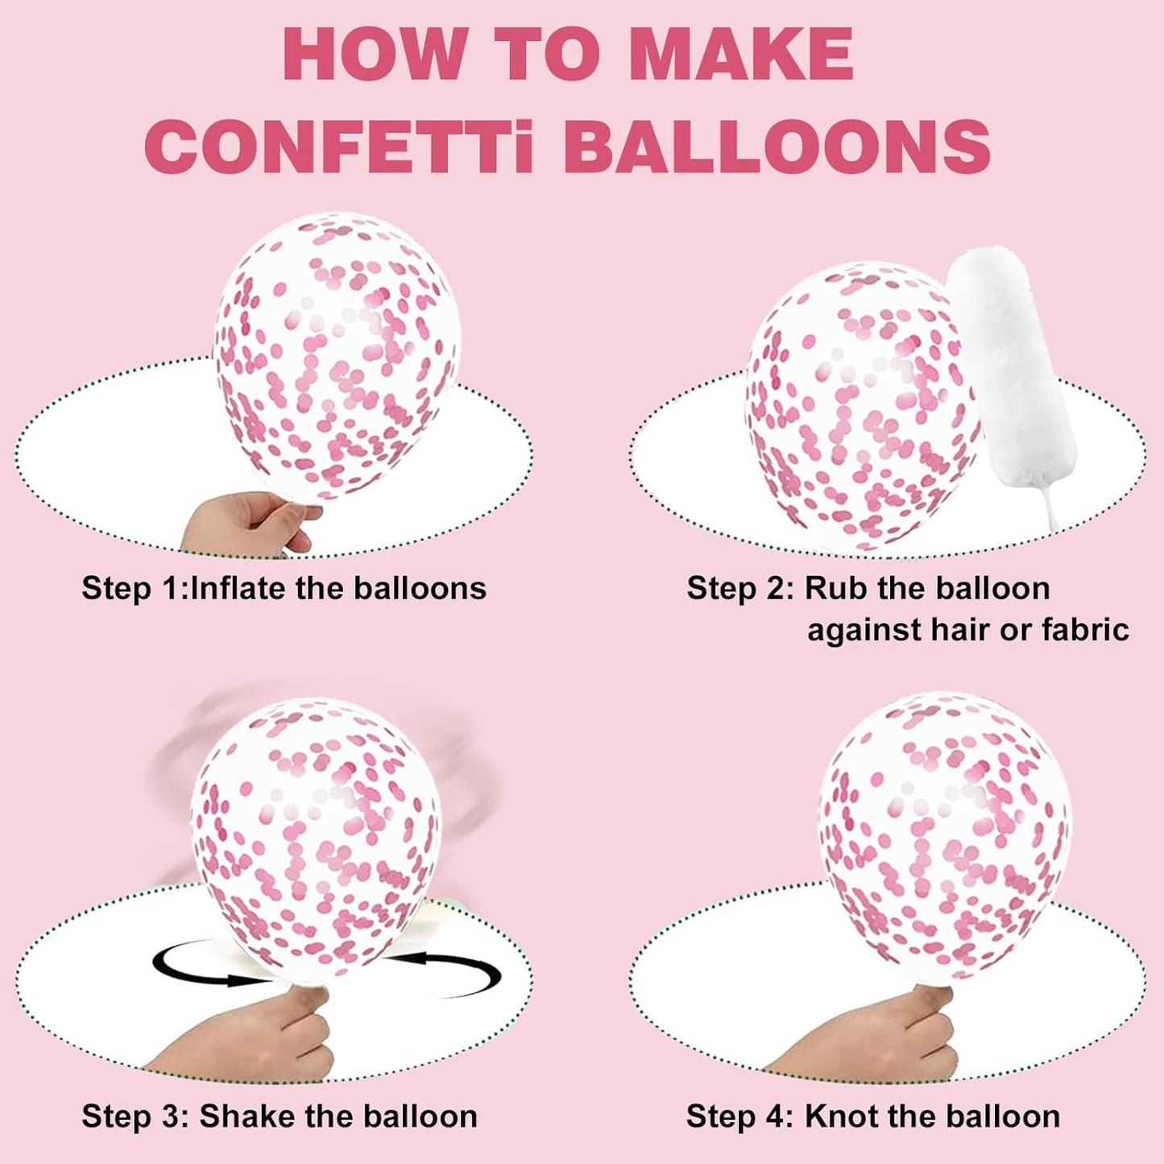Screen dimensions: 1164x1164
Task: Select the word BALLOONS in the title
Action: (x=777, y=146)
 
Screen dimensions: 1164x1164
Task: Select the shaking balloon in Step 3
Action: (x=316, y=846)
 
